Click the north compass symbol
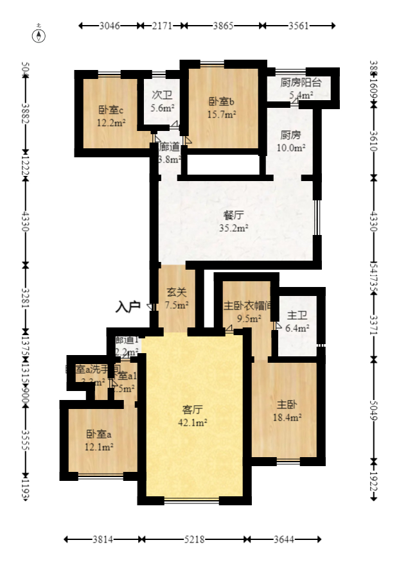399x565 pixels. (39, 35)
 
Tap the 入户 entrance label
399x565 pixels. (128, 306)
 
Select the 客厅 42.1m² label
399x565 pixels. (193, 415)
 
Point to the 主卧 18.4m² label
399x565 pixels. (287, 411)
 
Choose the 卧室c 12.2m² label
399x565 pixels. (111, 116)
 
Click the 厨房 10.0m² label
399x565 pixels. (290, 141)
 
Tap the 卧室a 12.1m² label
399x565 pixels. (100, 440)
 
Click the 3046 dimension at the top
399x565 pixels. (110, 26)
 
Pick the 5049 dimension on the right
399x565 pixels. (374, 412)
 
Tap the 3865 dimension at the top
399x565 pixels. (222, 26)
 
